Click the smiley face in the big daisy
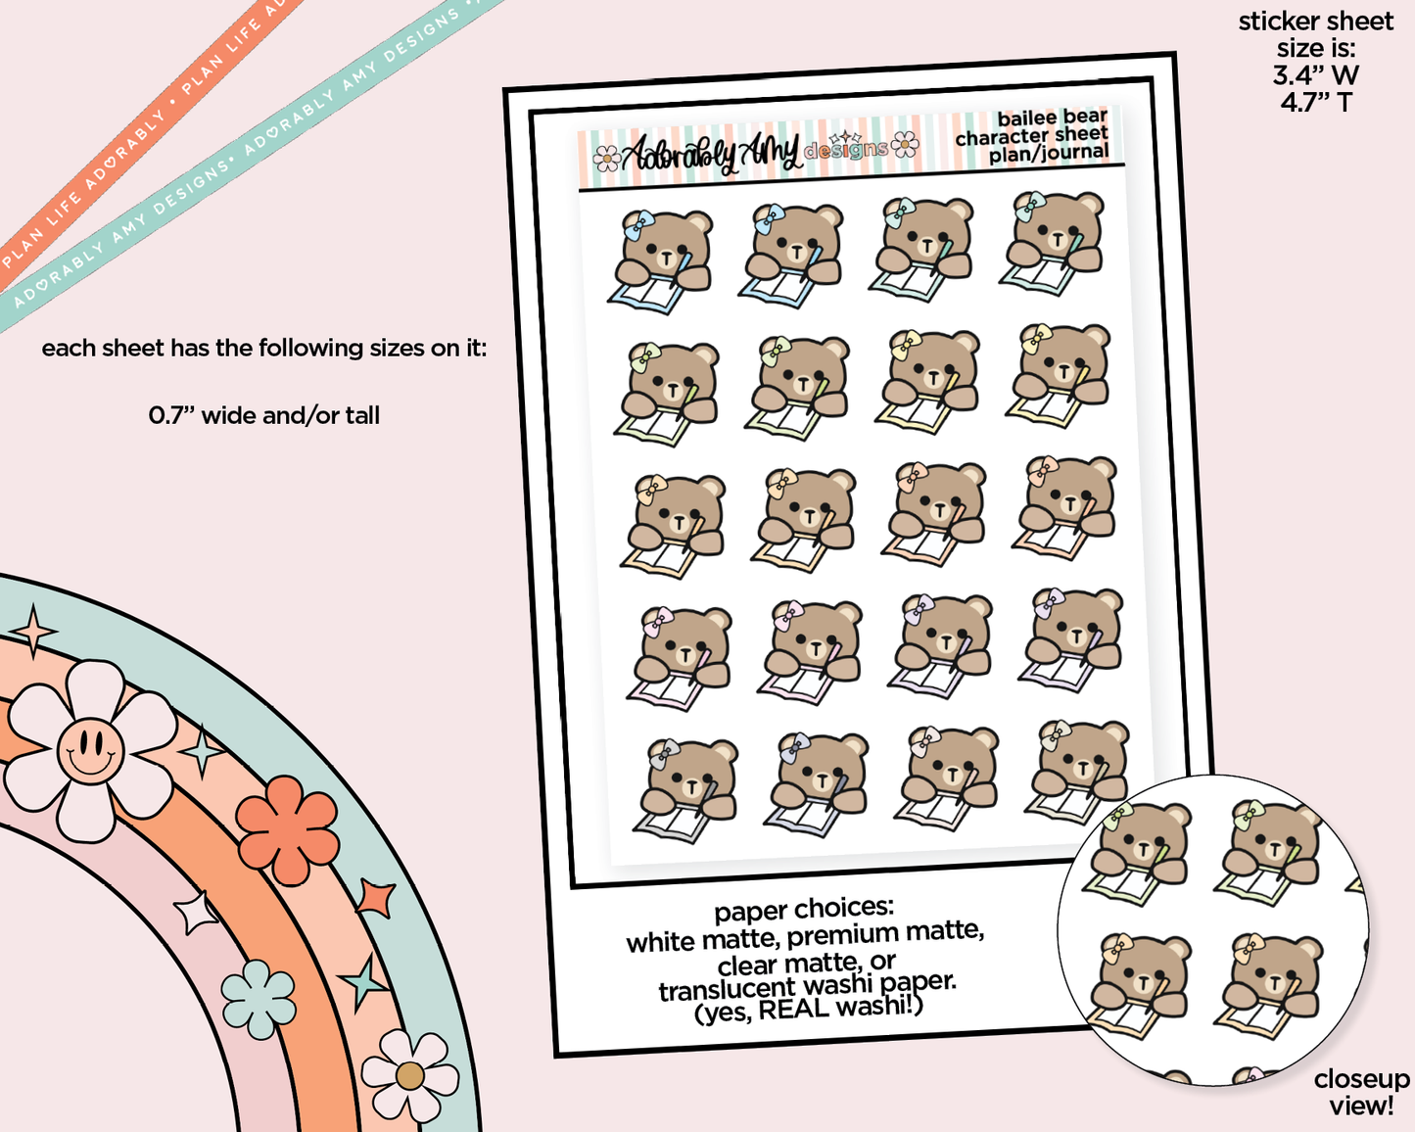(x=90, y=751)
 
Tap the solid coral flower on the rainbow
(x=287, y=829)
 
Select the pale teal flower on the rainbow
(x=259, y=998)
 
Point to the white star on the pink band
(x=196, y=913)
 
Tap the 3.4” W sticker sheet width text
(x=1315, y=74)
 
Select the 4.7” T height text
(x=1315, y=102)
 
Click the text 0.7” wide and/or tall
(x=263, y=415)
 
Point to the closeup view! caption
(x=1361, y=1092)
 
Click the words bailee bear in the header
(x=1052, y=118)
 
